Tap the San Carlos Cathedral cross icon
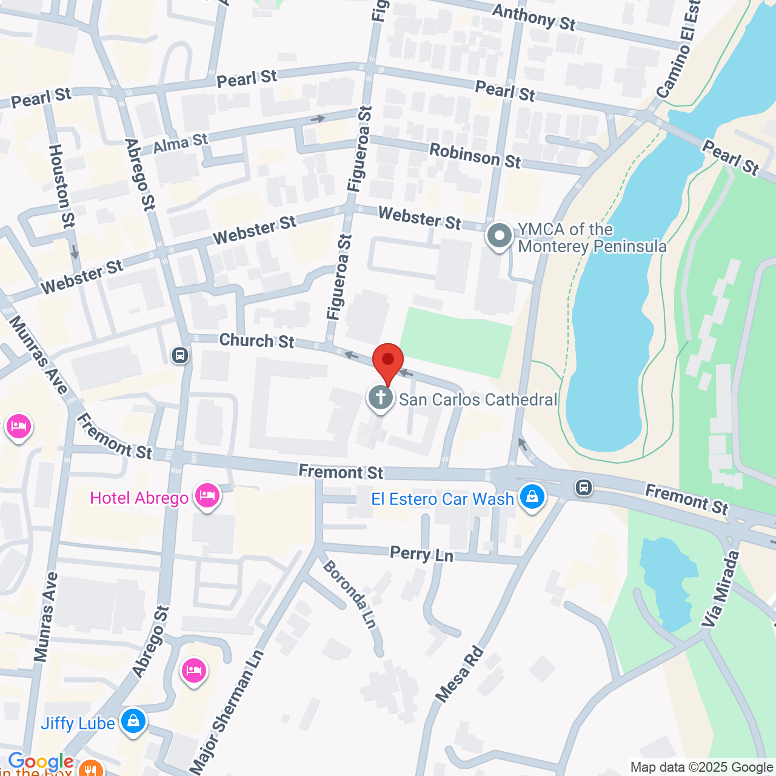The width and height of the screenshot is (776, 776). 381,398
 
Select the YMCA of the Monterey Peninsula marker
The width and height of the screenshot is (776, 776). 500,236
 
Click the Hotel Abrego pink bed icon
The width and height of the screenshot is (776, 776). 207,496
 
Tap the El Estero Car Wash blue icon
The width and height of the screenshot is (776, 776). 532,497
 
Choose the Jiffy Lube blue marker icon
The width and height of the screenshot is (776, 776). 133,721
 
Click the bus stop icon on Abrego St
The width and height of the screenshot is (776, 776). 180,355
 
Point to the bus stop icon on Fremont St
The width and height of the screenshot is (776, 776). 583,487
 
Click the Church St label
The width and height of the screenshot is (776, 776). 256,341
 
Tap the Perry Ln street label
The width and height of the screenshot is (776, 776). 421,554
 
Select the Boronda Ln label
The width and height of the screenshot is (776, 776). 350,594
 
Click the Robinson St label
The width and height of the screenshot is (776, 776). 475,156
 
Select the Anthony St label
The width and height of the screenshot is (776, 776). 533,17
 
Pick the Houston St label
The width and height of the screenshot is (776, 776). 61,186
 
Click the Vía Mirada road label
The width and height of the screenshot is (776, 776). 721,589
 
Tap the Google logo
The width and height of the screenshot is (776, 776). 41,761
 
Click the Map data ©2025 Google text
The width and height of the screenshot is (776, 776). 701,768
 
